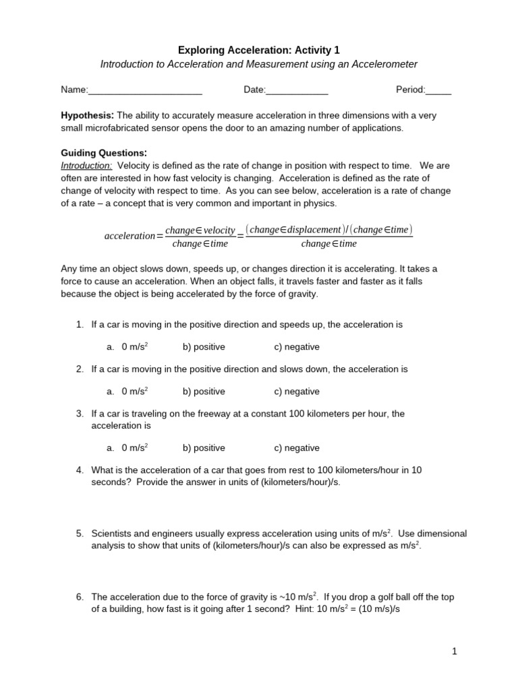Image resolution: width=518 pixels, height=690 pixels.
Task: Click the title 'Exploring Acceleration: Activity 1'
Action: tap(259, 50)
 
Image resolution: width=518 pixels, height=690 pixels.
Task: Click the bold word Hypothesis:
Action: tap(88, 115)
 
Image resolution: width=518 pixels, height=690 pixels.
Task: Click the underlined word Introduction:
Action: tap(86, 165)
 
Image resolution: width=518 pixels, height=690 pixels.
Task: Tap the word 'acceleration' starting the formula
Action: tap(129, 236)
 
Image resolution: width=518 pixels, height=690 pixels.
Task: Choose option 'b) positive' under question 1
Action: tap(204, 347)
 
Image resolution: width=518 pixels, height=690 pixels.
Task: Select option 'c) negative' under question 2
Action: tap(297, 391)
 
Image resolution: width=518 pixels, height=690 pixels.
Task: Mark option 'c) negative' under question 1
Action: tap(297, 347)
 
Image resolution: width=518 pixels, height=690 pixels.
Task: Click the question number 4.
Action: tap(80, 470)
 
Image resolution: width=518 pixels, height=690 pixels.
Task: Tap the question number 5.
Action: tap(80, 534)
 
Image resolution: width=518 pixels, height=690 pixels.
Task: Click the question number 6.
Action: tap(80, 597)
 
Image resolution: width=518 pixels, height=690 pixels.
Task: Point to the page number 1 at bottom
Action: tap(455, 652)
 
